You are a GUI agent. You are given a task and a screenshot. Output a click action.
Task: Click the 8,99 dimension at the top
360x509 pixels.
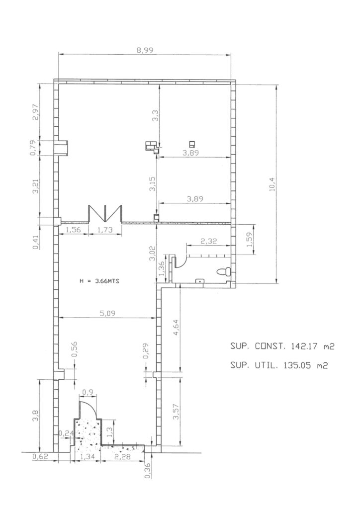[x=145, y=50]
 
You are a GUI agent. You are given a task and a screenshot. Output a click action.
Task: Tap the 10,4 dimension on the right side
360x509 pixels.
[x=272, y=185]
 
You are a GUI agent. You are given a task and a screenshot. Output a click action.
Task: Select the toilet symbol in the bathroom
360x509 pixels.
[x=224, y=272]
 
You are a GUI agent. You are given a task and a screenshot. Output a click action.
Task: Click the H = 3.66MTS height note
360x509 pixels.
[x=99, y=281]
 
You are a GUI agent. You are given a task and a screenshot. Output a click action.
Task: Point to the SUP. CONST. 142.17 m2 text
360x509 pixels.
[x=282, y=346]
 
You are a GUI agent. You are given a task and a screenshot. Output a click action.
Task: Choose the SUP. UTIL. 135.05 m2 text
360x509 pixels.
[x=279, y=365]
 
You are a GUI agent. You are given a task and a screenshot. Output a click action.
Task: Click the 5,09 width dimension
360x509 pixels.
[x=107, y=313]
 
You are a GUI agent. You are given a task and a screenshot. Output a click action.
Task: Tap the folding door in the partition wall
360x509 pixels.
[x=105, y=214]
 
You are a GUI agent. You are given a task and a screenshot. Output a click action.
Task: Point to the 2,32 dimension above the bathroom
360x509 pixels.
[x=209, y=241]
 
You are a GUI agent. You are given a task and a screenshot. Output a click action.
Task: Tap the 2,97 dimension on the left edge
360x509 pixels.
[x=35, y=112]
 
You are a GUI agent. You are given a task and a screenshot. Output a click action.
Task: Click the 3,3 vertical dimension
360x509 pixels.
[x=156, y=116]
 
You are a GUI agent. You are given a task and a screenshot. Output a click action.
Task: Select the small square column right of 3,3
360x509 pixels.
[x=192, y=144]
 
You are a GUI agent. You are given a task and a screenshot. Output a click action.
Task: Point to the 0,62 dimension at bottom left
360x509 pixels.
[x=40, y=457]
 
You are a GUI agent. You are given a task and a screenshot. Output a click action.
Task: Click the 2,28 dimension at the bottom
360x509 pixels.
[x=122, y=457]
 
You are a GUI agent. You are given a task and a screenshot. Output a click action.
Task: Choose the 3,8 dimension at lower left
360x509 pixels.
[x=35, y=416]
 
